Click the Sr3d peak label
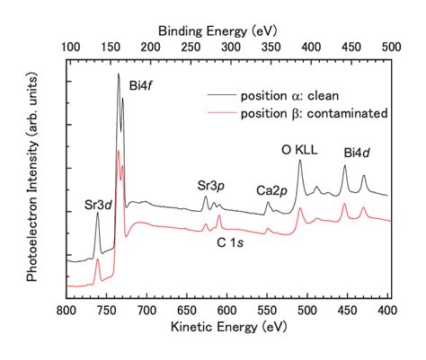98,204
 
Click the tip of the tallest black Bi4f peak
118,75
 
